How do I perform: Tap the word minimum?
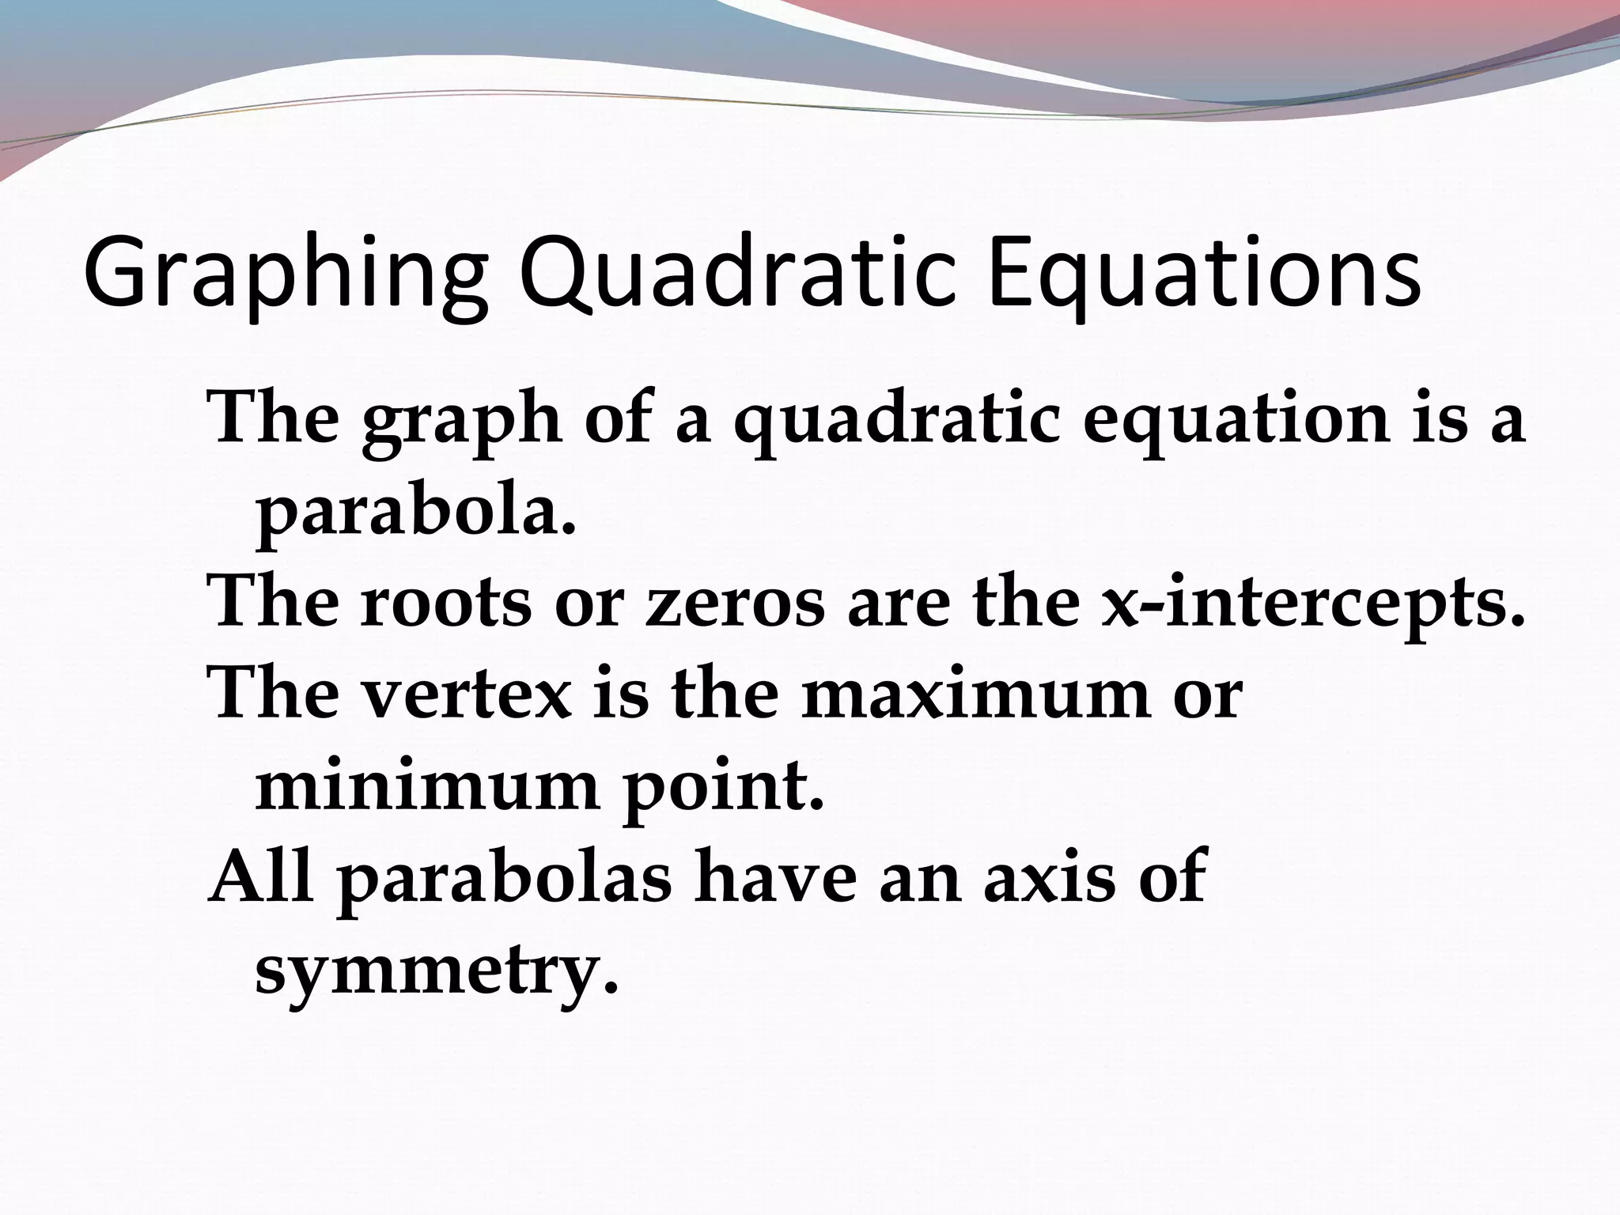(427, 787)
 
